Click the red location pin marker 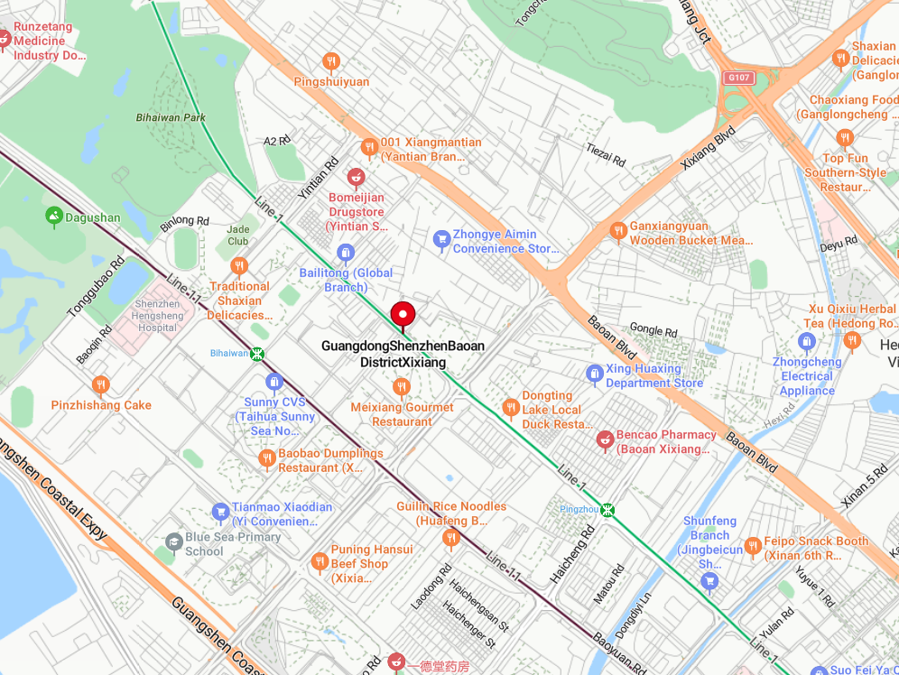click(403, 315)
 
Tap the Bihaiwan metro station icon click(258, 354)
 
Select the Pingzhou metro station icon click(609, 510)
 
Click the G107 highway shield click(738, 78)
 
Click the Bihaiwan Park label click(171, 117)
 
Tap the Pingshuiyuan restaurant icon click(331, 61)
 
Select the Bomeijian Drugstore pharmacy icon click(356, 176)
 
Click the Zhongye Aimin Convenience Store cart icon click(441, 238)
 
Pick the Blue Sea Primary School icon click(173, 541)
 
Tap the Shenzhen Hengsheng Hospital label click(156, 316)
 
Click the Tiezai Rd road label click(606, 155)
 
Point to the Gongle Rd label click(653, 331)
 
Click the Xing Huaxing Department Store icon click(594, 373)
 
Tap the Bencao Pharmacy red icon click(605, 439)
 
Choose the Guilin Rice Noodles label click(451, 513)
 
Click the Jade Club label click(238, 236)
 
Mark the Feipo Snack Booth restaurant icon click(753, 546)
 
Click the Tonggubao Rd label click(95, 288)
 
